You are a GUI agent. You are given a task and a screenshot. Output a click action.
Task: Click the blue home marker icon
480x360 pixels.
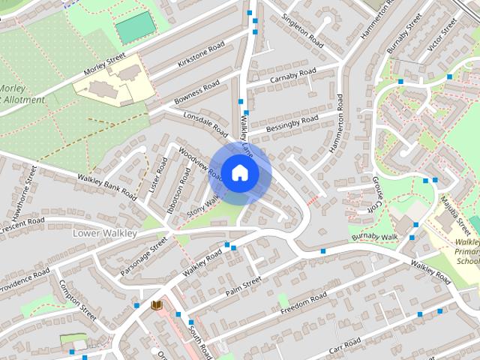click(239, 173)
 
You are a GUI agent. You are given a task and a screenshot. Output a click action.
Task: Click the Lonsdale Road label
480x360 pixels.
click(205, 124)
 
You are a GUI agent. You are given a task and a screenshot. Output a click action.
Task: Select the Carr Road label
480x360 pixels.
click(344, 346)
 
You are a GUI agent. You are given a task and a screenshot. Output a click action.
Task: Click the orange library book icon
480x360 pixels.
click(157, 305)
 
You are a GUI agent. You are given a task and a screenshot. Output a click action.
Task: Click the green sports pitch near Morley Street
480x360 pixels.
click(136, 27)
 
